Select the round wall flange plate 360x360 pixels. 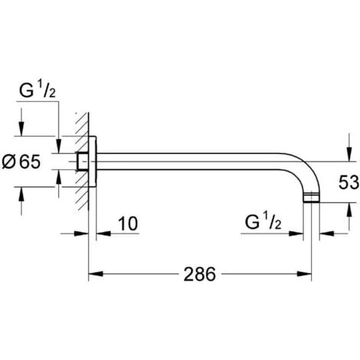(x=91, y=162)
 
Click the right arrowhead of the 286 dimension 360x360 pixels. (x=309, y=273)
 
